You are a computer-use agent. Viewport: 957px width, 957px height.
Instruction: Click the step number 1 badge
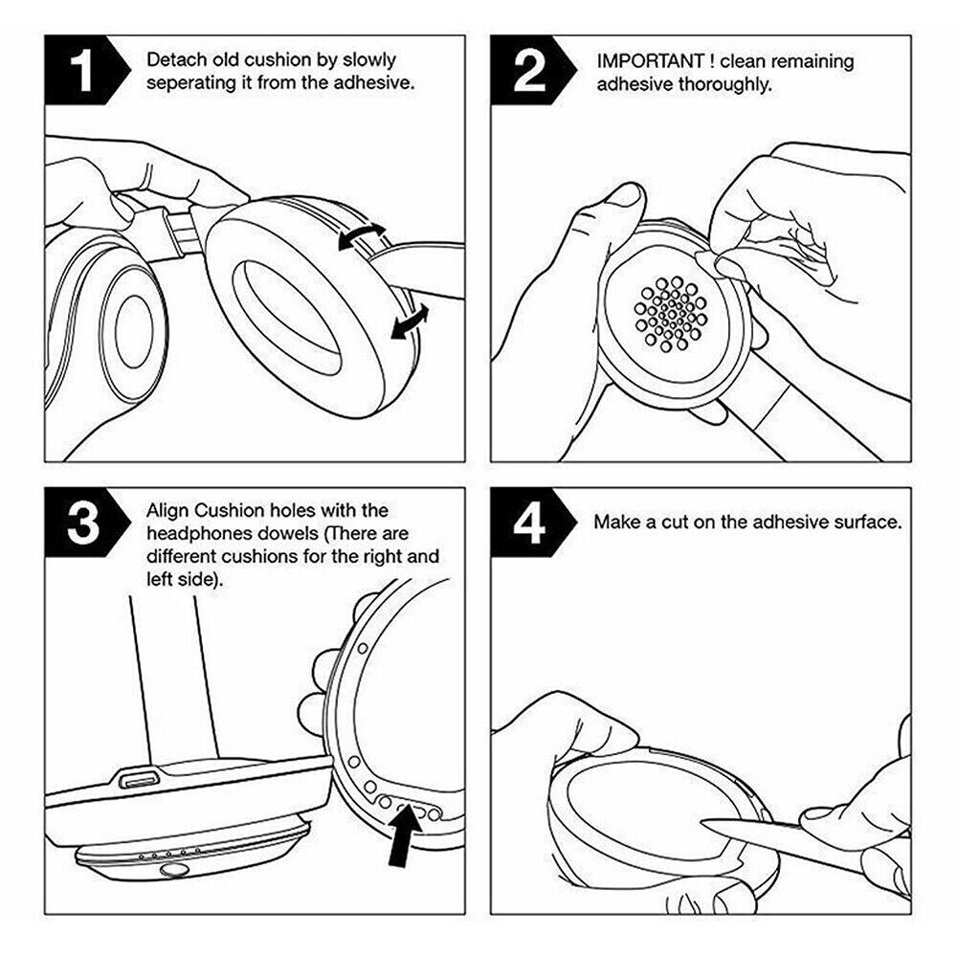pyautogui.click(x=84, y=73)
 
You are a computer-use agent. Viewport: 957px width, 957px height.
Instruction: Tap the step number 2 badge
pyautogui.click(x=529, y=73)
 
